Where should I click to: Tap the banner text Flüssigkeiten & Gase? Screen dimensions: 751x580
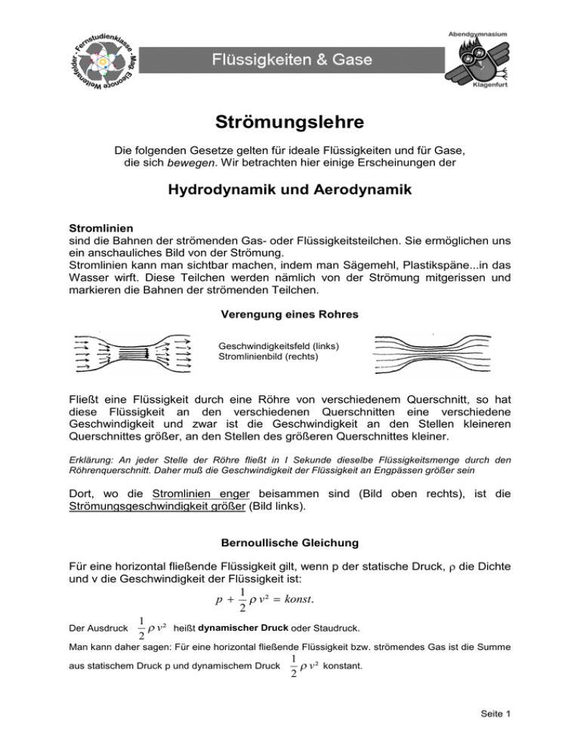pos(289,57)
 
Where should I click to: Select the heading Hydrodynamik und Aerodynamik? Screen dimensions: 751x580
pos(289,192)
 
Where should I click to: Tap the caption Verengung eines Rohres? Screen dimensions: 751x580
pos(289,313)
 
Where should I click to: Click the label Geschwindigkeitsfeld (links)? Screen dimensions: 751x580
pos(275,346)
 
